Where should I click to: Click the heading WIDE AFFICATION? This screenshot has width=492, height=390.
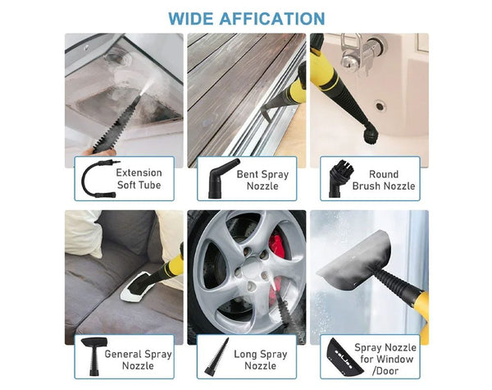click(246, 18)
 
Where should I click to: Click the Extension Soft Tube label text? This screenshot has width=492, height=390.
click(139, 179)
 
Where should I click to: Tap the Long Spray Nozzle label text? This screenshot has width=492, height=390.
click(260, 360)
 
